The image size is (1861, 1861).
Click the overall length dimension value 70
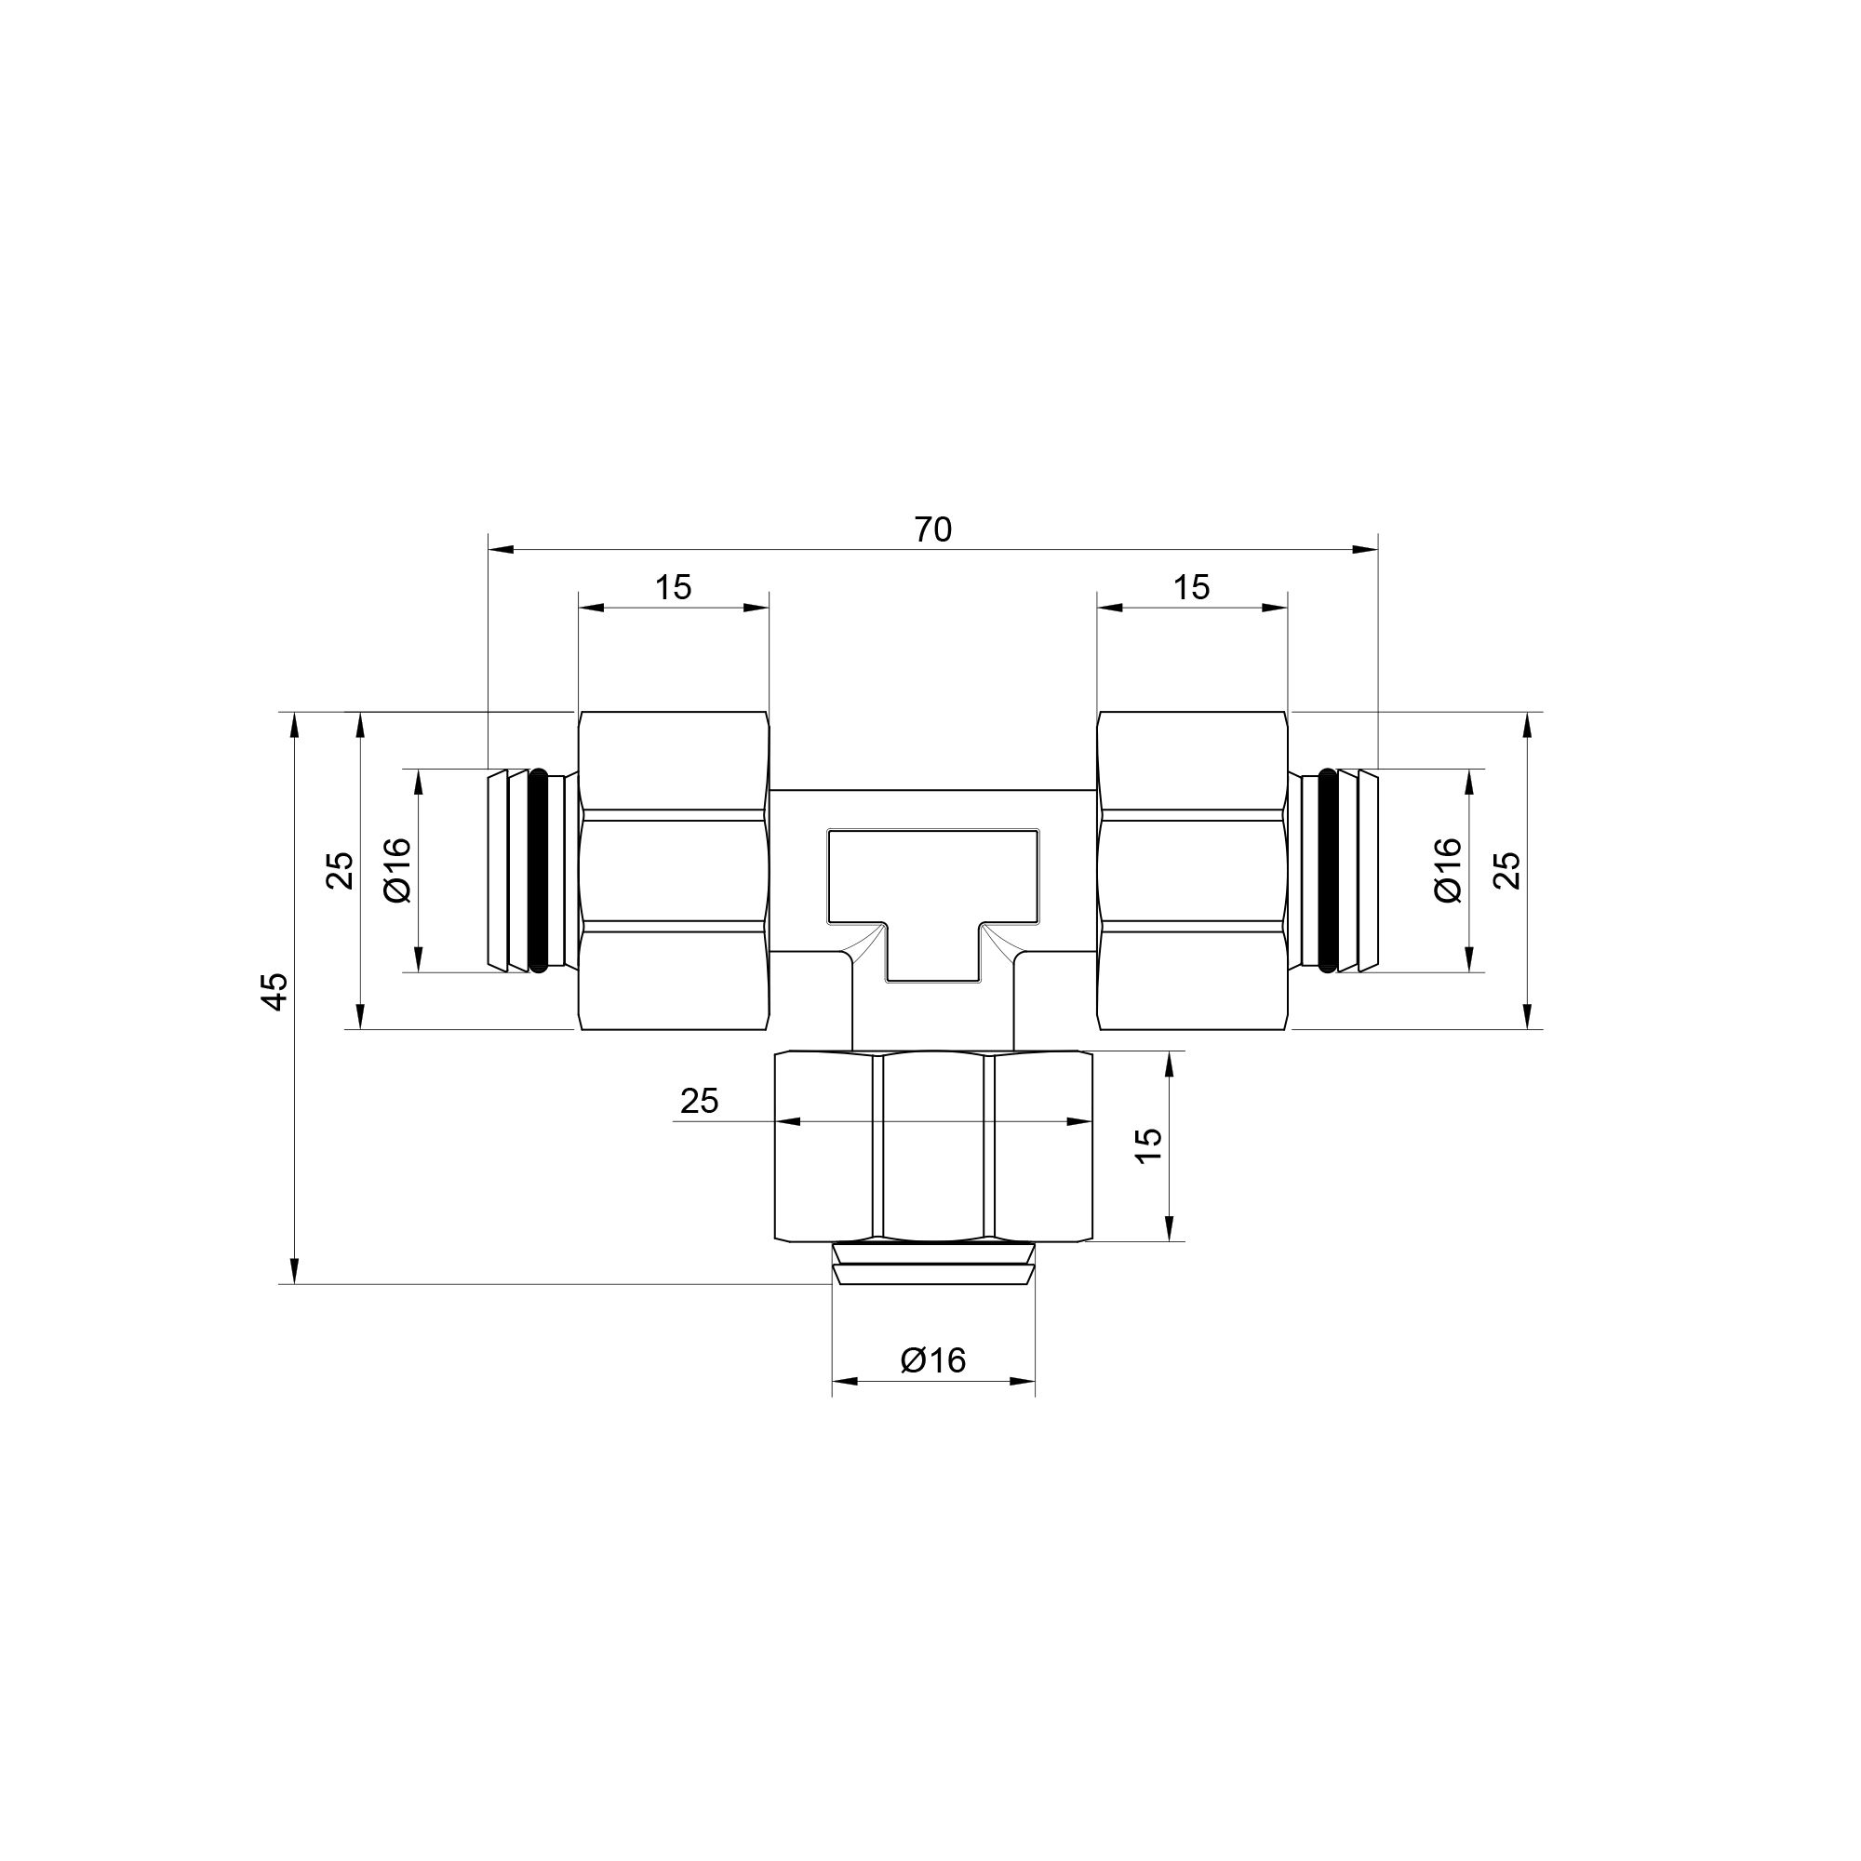[932, 529]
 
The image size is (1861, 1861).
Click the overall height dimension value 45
[275, 991]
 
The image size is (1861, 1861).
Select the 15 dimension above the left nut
[674, 586]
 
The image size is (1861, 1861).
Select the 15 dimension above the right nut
[1192, 586]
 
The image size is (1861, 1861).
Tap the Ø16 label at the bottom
[932, 1360]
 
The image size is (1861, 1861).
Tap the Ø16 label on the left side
[398, 870]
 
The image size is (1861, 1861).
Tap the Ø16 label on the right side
[1448, 870]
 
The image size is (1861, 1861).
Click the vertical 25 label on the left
[340, 871]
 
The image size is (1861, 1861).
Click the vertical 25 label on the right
[1509, 871]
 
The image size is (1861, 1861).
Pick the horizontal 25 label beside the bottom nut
[700, 1101]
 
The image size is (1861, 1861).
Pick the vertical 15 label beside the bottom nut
[1148, 1145]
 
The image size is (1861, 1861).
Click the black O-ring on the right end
[1330, 870]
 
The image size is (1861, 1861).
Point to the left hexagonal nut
[674, 871]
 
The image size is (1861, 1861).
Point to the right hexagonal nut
[1193, 871]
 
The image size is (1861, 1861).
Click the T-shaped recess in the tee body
[932, 886]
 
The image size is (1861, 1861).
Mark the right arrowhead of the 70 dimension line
[1366, 549]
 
